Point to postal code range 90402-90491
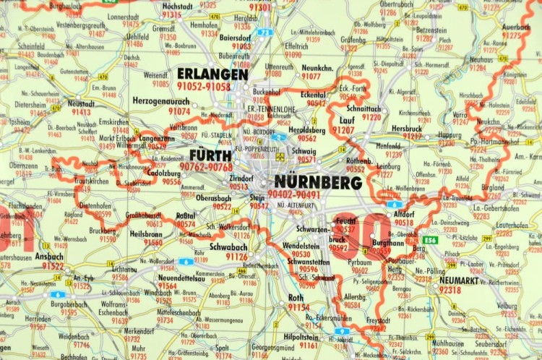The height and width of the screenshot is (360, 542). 314,194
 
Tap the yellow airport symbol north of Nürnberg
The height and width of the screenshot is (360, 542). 280,155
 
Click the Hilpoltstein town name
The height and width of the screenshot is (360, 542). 299,336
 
